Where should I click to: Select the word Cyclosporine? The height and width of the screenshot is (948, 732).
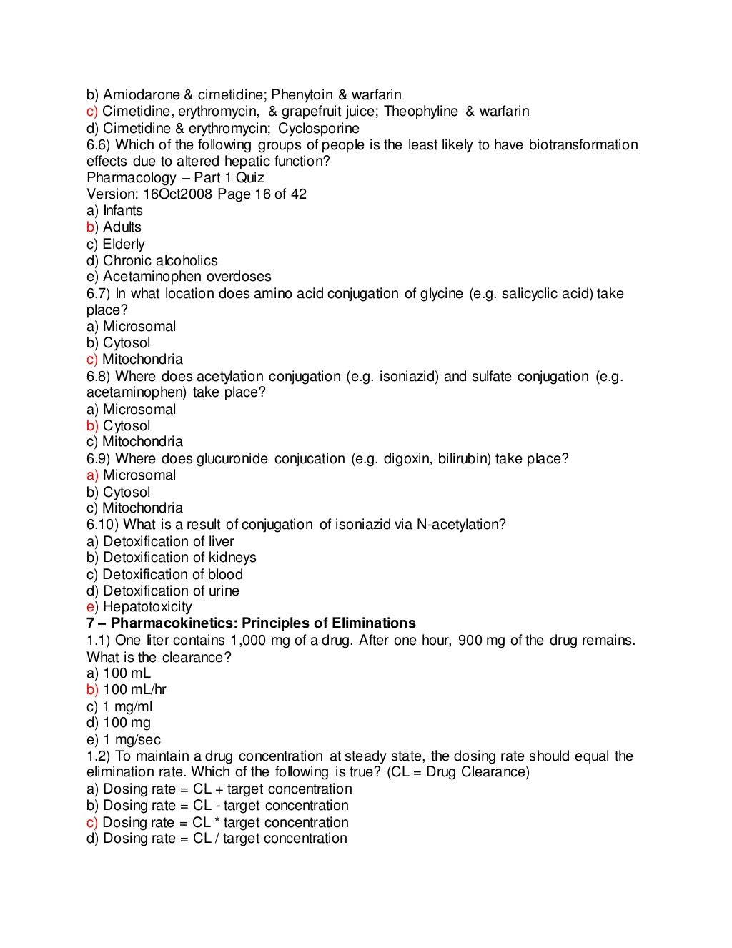(319, 129)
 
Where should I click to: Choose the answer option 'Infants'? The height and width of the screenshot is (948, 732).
(122, 211)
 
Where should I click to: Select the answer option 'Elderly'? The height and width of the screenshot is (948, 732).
(123, 244)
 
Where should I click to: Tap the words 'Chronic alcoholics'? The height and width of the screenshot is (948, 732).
(160, 261)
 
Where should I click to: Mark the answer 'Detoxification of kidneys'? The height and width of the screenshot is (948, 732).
(179, 558)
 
